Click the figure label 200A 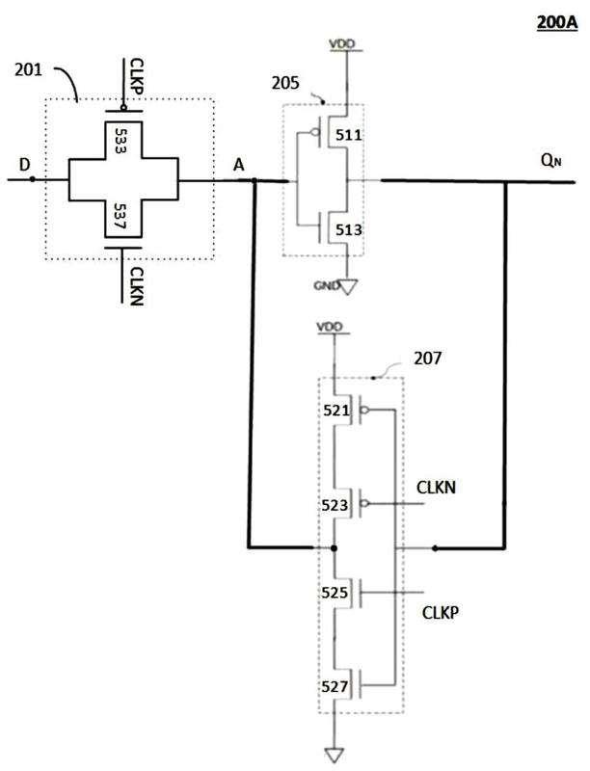pyautogui.click(x=556, y=22)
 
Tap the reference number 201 pyautogui.click(x=29, y=69)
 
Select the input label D pyautogui.click(x=25, y=164)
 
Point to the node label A pyautogui.click(x=238, y=165)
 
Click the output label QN pyautogui.click(x=550, y=160)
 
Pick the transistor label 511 pyautogui.click(x=349, y=135)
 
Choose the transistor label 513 pyautogui.click(x=349, y=229)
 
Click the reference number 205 pyautogui.click(x=285, y=83)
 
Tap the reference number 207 pyautogui.click(x=428, y=358)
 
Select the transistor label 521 pyautogui.click(x=335, y=411)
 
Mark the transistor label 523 pyautogui.click(x=335, y=505)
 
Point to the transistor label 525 pyautogui.click(x=335, y=593)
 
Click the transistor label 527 pyautogui.click(x=335, y=686)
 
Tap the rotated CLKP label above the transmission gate pyautogui.click(x=137, y=76)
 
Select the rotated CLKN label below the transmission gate pyautogui.click(x=136, y=286)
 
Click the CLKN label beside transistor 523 pyautogui.click(x=436, y=488)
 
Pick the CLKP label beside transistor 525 pyautogui.click(x=441, y=613)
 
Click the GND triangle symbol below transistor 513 pyautogui.click(x=348, y=286)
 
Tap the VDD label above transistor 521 pyautogui.click(x=330, y=327)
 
